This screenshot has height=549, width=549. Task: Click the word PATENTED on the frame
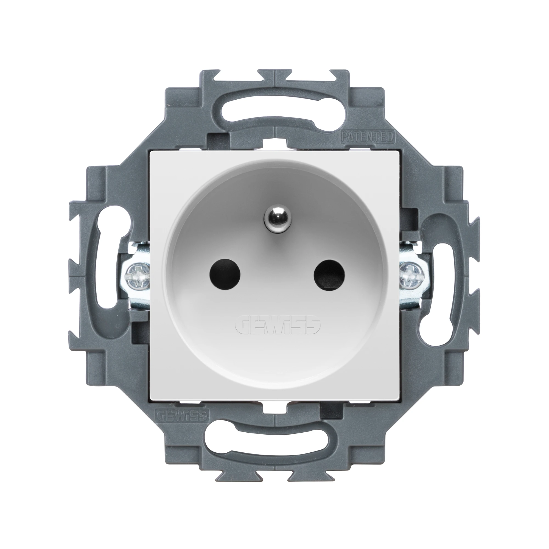(367, 137)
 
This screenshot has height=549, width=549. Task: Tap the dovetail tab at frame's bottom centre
(274, 472)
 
